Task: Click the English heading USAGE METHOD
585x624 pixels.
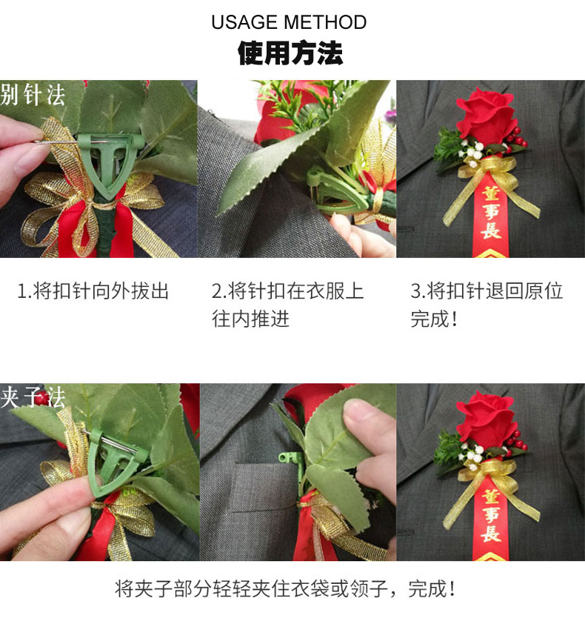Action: (289, 22)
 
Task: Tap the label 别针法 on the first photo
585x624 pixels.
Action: (33, 95)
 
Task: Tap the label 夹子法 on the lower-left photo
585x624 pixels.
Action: (33, 398)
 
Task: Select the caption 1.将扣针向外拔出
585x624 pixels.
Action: (93, 291)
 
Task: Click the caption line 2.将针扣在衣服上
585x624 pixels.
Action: (287, 291)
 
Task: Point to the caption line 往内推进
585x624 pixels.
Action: (250, 319)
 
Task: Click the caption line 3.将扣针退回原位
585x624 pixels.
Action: (487, 291)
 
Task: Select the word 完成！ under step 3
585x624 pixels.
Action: (434, 319)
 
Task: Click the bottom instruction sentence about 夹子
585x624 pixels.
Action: (285, 590)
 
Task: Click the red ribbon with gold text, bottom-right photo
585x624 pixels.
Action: (489, 519)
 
